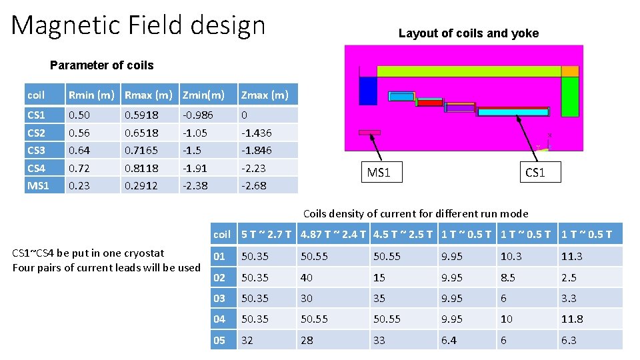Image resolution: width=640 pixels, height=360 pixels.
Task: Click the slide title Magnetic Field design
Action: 138,26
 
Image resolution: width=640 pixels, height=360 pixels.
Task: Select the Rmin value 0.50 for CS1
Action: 77,115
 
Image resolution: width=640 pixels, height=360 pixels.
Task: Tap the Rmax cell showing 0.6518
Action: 141,133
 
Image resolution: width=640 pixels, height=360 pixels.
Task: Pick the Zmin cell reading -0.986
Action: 197,115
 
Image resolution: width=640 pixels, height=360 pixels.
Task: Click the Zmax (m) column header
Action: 265,95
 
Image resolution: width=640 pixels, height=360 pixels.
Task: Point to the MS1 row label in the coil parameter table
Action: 38,186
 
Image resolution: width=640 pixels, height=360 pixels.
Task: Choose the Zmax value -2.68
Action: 253,186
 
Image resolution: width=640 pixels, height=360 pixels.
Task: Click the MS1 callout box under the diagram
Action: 379,173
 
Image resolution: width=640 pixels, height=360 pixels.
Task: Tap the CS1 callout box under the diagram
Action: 535,173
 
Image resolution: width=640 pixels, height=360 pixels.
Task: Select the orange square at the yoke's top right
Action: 570,71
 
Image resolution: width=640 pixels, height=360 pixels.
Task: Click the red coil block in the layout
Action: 429,103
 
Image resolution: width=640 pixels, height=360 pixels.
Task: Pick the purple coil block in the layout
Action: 459,107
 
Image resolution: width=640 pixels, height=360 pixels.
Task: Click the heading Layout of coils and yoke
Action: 468,33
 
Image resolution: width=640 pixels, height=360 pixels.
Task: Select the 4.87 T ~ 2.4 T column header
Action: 333,234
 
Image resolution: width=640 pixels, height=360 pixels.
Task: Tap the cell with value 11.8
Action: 572,319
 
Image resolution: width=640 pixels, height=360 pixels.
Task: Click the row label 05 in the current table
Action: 220,340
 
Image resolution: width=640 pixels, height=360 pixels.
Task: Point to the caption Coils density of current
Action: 415,214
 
